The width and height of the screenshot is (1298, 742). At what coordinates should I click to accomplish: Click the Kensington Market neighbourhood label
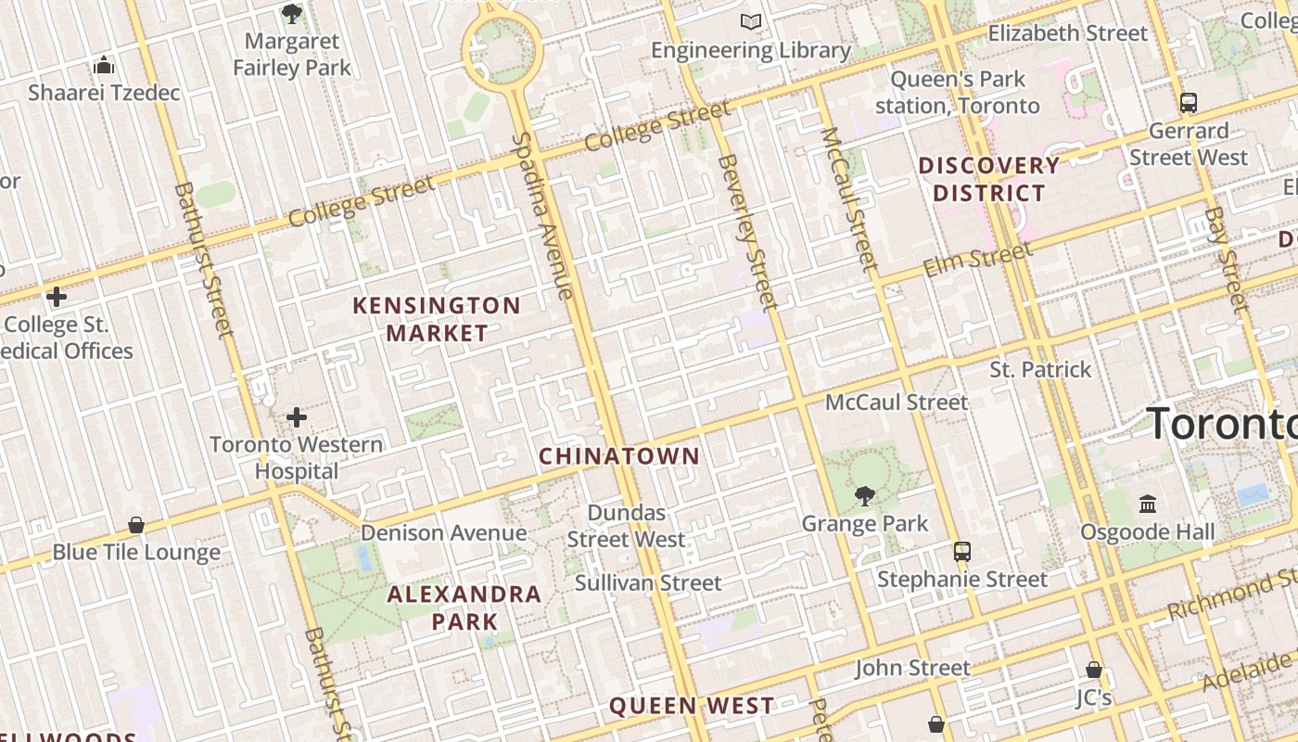(437, 319)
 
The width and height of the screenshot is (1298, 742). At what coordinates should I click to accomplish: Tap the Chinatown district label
(619, 456)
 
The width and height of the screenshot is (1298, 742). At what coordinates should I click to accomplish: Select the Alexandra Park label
(464, 608)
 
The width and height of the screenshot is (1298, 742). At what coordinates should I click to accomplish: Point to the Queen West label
(691, 706)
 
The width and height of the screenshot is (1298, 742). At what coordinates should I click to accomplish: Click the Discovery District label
(988, 179)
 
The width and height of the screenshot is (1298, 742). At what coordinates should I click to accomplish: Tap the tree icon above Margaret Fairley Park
(292, 14)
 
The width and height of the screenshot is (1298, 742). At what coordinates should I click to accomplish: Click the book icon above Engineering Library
(751, 22)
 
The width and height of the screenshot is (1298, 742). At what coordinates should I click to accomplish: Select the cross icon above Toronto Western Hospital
(297, 417)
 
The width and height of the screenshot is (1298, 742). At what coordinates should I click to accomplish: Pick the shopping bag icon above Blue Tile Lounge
(136, 525)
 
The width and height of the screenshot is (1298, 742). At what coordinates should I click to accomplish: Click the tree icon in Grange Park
(865, 496)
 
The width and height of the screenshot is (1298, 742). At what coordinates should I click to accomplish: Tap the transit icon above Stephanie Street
(962, 552)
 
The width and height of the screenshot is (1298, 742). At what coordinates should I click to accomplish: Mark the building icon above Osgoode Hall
(1148, 505)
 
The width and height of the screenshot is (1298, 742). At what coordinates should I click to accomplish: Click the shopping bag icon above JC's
(1094, 670)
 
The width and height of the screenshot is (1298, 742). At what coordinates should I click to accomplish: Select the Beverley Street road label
(746, 231)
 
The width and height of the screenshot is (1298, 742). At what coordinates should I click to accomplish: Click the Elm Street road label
(977, 259)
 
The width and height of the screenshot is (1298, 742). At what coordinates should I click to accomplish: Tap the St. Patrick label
(1040, 370)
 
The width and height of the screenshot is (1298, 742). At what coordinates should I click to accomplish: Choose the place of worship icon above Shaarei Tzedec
(104, 65)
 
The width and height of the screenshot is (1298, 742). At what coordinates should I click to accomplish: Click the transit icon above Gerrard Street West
(1189, 103)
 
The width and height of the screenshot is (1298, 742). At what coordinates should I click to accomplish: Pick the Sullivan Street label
(648, 583)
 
